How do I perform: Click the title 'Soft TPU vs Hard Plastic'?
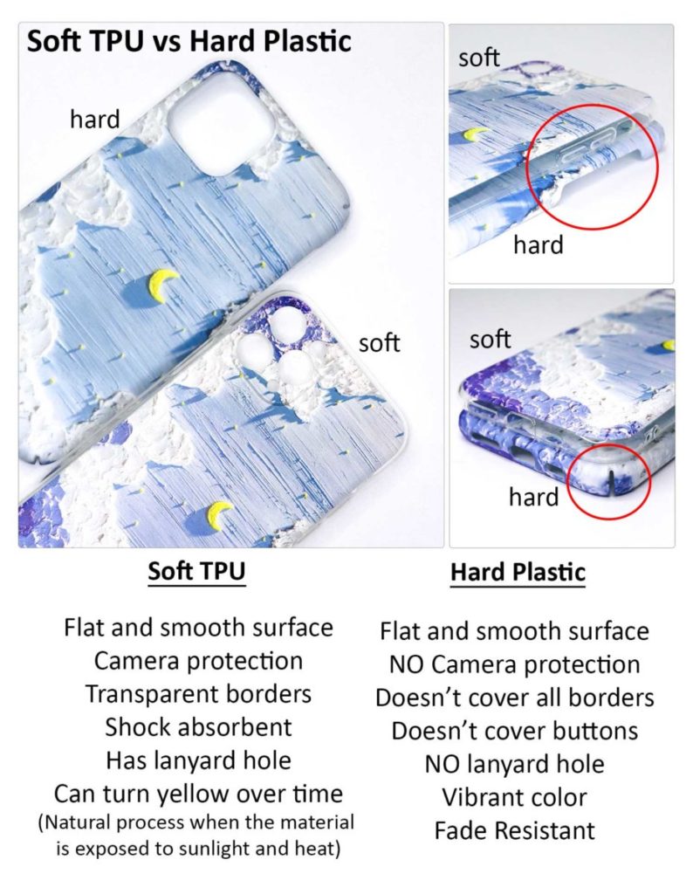[x=189, y=41]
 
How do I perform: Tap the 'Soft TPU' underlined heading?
[x=196, y=572]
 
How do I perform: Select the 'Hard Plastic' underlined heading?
[x=518, y=574]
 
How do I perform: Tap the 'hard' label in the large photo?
[x=94, y=120]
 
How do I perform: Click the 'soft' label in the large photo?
[x=379, y=343]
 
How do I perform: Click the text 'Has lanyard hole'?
[x=198, y=760]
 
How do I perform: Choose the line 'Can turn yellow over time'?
[x=198, y=794]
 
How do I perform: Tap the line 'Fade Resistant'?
[x=515, y=830]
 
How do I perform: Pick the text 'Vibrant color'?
[x=515, y=797]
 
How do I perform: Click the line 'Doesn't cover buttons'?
[x=515, y=731]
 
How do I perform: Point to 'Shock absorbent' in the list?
[x=198, y=727]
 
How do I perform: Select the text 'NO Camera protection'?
[x=515, y=664]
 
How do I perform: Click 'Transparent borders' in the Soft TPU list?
[x=198, y=694]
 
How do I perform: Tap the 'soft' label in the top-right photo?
[x=478, y=58]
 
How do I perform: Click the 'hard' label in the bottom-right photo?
[x=533, y=498]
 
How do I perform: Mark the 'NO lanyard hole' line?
[x=515, y=764]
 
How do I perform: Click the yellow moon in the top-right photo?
[x=476, y=134]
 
